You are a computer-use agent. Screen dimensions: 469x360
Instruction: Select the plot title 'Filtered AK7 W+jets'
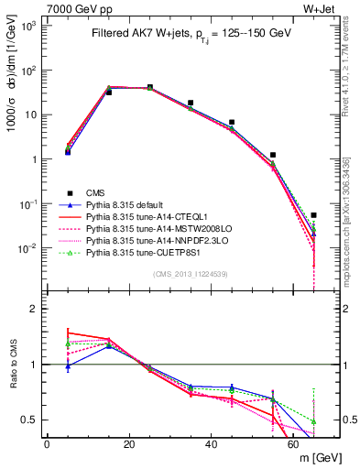click(x=137, y=33)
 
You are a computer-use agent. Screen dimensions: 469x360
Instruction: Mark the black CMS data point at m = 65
click(x=314, y=215)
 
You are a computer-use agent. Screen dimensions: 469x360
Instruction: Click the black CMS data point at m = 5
click(x=68, y=151)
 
